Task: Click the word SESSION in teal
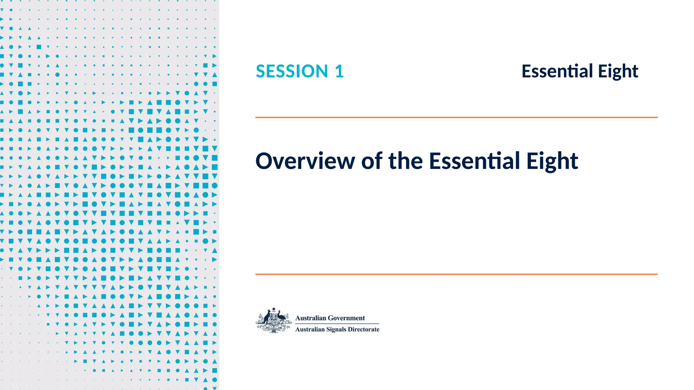(292, 71)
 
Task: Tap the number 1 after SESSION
(339, 71)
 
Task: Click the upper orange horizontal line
(456, 117)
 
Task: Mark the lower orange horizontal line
(456, 274)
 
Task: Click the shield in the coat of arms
(273, 318)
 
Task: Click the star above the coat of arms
(274, 309)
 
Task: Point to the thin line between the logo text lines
(337, 324)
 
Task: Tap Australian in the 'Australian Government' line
(310, 318)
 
